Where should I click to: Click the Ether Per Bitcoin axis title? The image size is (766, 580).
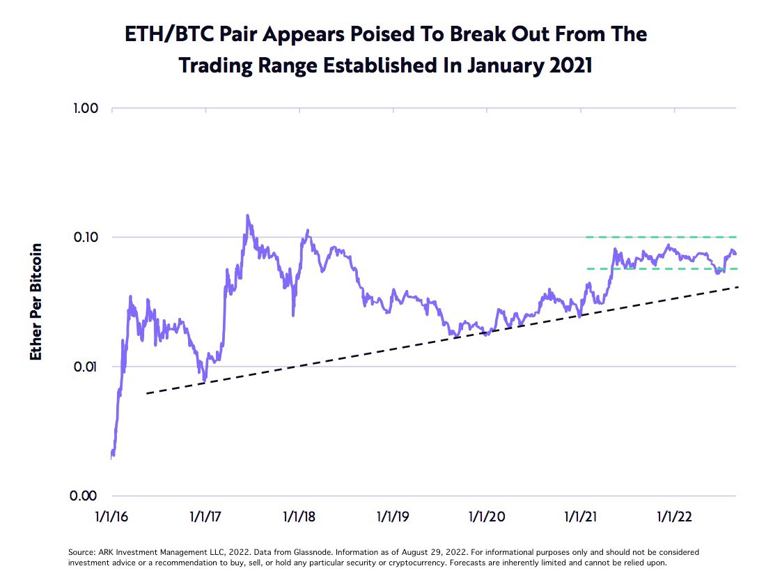(36, 302)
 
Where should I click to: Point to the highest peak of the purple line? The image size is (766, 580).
(247, 216)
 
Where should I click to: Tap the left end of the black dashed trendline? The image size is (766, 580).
(148, 394)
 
